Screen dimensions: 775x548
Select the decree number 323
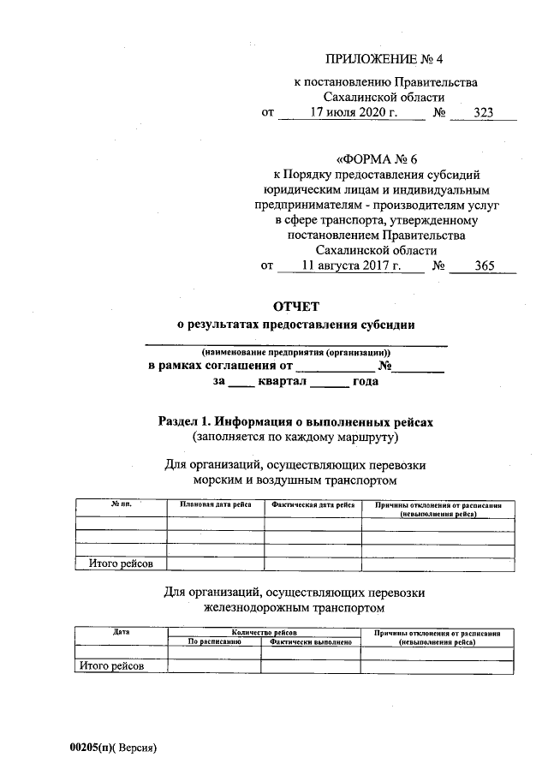(x=484, y=113)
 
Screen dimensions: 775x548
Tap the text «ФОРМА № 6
(x=381, y=159)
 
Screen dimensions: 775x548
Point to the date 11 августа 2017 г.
(x=351, y=266)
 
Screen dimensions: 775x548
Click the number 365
(x=484, y=266)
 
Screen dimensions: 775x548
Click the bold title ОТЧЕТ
(x=295, y=306)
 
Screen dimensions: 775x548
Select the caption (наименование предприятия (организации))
(x=295, y=353)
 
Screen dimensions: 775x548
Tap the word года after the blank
(x=365, y=382)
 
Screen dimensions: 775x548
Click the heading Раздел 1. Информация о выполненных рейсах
(x=297, y=422)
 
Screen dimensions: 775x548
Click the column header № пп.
(x=121, y=506)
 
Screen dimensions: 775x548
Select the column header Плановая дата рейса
(x=215, y=506)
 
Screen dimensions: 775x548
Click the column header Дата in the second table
(x=121, y=632)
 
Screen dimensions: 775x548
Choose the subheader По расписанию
(x=214, y=641)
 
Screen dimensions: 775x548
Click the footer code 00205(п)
(x=92, y=748)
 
